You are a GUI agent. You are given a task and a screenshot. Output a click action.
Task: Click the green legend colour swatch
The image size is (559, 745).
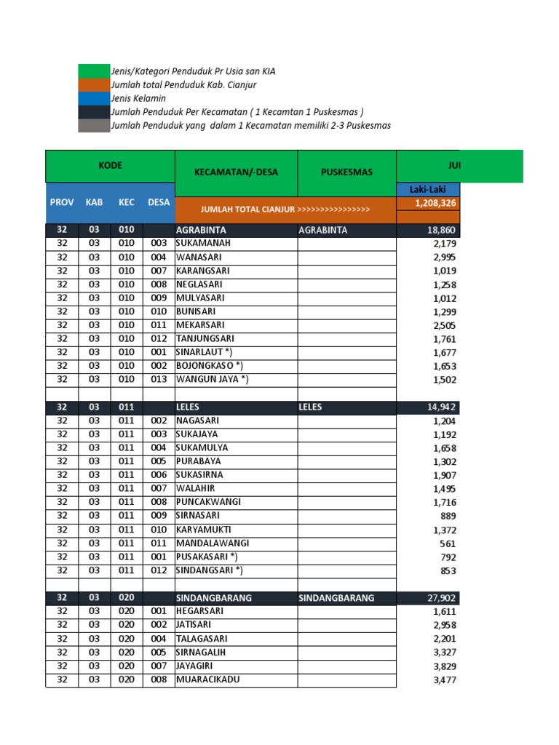(93, 71)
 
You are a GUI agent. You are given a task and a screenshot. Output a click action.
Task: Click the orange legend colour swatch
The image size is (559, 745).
(93, 85)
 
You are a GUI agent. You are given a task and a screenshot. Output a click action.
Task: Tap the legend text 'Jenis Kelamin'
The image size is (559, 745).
(138, 98)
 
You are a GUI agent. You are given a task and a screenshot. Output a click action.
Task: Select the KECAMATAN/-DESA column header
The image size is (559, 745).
(236, 172)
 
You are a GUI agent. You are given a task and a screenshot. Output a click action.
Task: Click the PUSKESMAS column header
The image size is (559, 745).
(346, 172)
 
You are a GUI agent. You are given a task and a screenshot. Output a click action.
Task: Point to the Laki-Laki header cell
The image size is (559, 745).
(427, 190)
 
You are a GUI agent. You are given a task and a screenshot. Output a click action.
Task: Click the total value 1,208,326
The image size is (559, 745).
(435, 203)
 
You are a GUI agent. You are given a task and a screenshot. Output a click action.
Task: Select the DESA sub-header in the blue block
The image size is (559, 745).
(159, 202)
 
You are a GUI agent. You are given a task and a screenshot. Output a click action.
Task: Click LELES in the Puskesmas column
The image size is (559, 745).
(310, 407)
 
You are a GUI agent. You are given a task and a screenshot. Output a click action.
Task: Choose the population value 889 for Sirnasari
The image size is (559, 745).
(448, 516)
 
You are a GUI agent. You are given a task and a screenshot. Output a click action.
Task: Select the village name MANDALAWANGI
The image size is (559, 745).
(213, 543)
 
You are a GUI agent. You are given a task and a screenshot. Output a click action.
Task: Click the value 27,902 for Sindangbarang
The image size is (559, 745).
(441, 598)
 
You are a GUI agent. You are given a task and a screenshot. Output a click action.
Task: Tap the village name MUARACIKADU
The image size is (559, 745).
(208, 680)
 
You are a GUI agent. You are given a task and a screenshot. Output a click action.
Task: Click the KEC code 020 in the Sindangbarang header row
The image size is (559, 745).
(127, 598)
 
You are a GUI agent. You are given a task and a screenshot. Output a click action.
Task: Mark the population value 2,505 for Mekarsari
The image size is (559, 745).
(444, 325)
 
